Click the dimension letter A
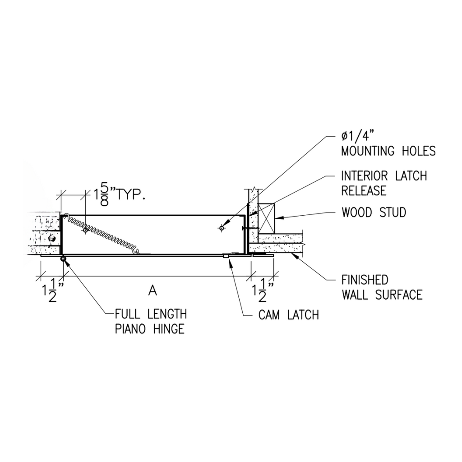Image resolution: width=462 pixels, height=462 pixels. pos(152,291)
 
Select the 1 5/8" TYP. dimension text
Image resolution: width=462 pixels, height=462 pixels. pos(119,196)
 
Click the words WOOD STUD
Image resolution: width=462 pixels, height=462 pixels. pos(374,212)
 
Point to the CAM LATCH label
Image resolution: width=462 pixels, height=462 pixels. pos(289,315)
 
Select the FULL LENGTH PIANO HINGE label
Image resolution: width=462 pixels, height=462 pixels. pos(150,321)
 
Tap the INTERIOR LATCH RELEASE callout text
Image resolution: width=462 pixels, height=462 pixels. pos(384,183)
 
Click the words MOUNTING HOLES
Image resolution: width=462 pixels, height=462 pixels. pos(388,151)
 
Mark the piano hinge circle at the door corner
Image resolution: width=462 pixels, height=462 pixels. pos(63,259)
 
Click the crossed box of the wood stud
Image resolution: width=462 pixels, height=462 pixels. pos(266,217)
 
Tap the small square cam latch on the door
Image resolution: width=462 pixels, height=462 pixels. pos(226,256)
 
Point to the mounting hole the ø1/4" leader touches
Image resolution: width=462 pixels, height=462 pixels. pos(221,228)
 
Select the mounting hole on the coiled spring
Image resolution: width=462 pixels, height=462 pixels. pos(85,230)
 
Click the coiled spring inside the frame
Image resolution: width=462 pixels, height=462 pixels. pos(108,237)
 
